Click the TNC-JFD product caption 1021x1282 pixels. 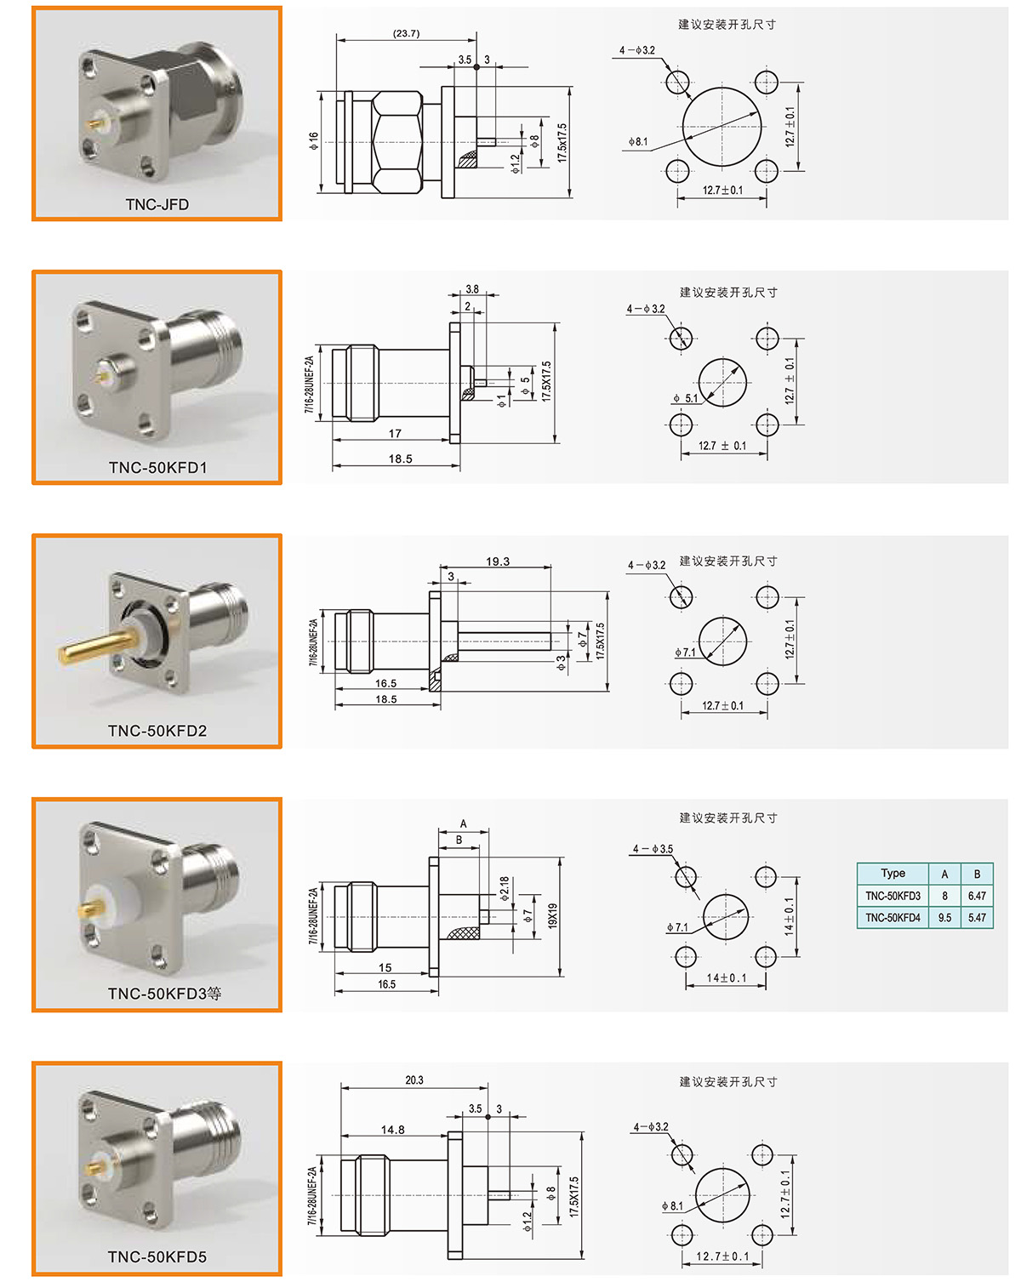157,204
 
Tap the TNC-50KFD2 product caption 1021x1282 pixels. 157,731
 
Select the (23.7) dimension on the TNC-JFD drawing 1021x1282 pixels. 406,33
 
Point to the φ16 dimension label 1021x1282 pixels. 313,140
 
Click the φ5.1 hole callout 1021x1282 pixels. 685,398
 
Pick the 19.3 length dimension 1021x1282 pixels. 497,561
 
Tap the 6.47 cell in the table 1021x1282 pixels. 976,896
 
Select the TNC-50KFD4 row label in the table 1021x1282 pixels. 893,917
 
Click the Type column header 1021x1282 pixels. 893,874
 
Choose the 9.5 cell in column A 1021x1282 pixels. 944,917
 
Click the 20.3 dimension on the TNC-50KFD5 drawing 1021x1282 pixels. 414,1080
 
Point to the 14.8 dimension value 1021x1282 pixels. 393,1130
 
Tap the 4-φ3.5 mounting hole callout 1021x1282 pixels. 653,849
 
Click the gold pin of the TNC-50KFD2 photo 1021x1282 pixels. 99,647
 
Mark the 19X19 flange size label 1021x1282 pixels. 552,915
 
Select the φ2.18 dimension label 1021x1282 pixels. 505,888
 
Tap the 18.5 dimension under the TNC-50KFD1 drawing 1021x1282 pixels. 400,459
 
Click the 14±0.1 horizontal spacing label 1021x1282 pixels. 726,978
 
